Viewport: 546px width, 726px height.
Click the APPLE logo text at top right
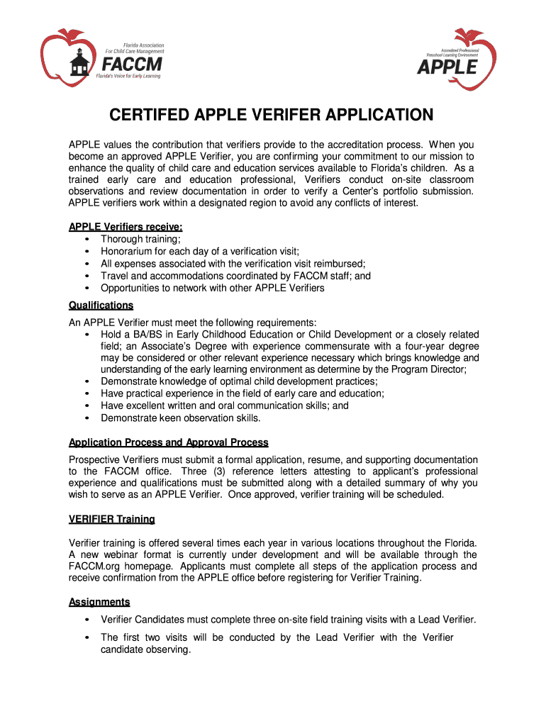coord(447,67)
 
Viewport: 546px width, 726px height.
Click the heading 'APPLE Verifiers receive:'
coord(126,227)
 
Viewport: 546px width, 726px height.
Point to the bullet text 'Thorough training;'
coord(140,240)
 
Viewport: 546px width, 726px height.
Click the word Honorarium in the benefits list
coord(128,252)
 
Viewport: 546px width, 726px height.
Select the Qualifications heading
coord(101,305)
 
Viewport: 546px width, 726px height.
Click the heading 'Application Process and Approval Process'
coord(168,442)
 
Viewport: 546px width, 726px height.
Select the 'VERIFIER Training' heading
coord(111,519)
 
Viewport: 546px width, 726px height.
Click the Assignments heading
coord(99,602)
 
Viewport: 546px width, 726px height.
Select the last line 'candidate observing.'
coord(145,649)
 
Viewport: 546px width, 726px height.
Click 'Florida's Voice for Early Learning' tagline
coord(128,76)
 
